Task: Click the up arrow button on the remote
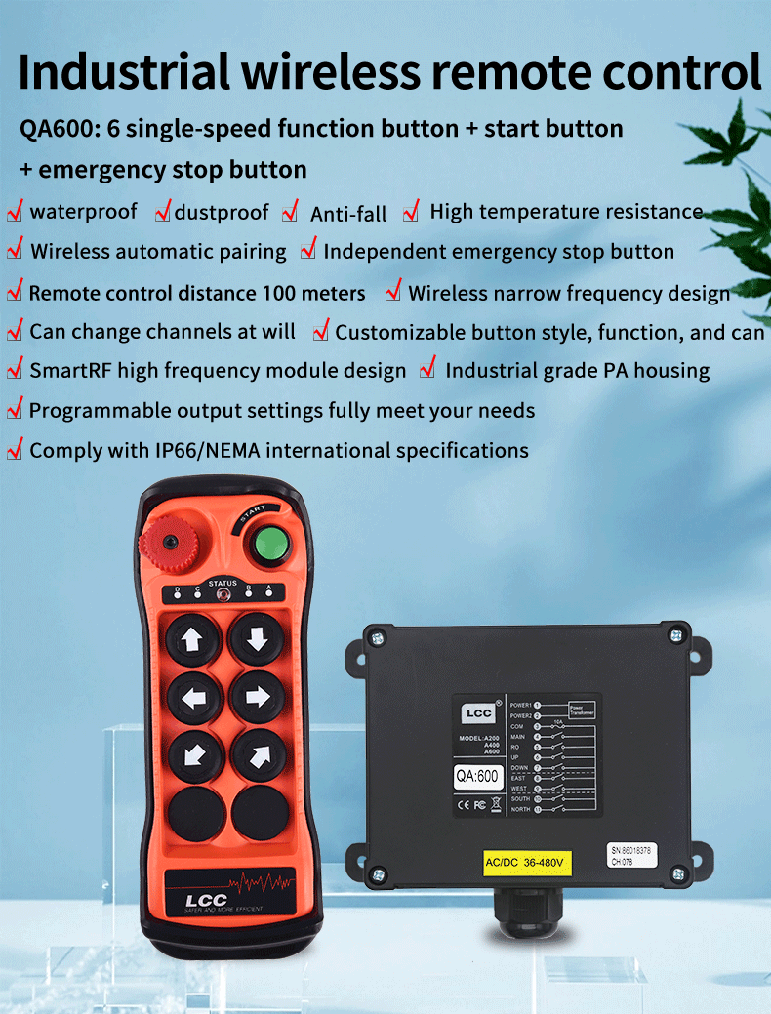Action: pyautogui.click(x=193, y=640)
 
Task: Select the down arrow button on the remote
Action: pyautogui.click(x=257, y=639)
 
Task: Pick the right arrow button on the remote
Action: pyautogui.click(x=257, y=697)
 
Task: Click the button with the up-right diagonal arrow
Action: pyautogui.click(x=259, y=754)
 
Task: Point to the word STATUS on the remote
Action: pyautogui.click(x=223, y=584)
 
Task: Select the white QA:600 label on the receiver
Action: pyautogui.click(x=477, y=777)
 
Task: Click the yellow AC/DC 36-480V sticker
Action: pyautogui.click(x=528, y=863)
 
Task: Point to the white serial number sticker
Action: pyautogui.click(x=629, y=856)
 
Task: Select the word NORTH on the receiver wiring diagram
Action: pyautogui.click(x=520, y=809)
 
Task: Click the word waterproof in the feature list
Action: pyautogui.click(x=83, y=212)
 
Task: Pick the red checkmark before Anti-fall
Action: pyautogui.click(x=290, y=212)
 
